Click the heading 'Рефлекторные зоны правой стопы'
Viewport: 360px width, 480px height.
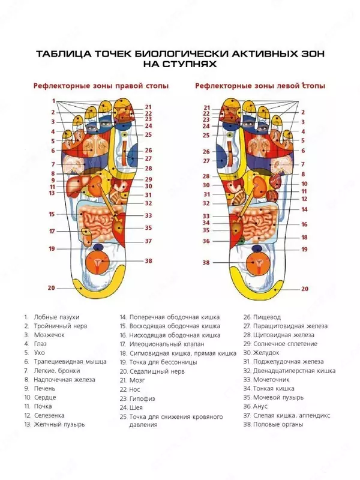(100, 86)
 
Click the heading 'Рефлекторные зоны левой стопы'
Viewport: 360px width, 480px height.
(260, 86)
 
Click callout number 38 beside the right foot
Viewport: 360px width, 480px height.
(148, 261)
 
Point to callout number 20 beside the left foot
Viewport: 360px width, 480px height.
(304, 289)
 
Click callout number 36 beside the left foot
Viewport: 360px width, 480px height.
(206, 241)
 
